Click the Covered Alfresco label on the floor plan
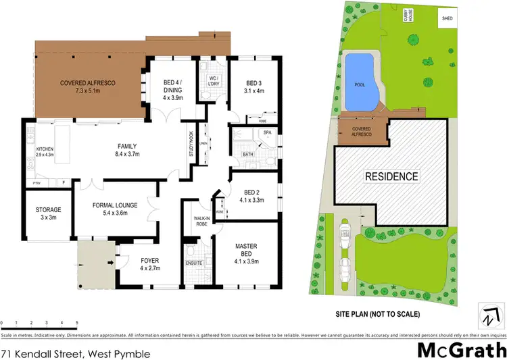pyautogui.click(x=89, y=86)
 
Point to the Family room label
pyautogui.click(x=127, y=150)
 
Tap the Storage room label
pyautogui.click(x=49, y=214)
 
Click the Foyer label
pyautogui.click(x=149, y=264)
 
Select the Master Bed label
pyautogui.click(x=249, y=251)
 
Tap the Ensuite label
pyautogui.click(x=194, y=263)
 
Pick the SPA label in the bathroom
pyautogui.click(x=268, y=132)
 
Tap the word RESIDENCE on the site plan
pyautogui.click(x=392, y=177)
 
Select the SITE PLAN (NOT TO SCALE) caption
pyautogui.click(x=378, y=314)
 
